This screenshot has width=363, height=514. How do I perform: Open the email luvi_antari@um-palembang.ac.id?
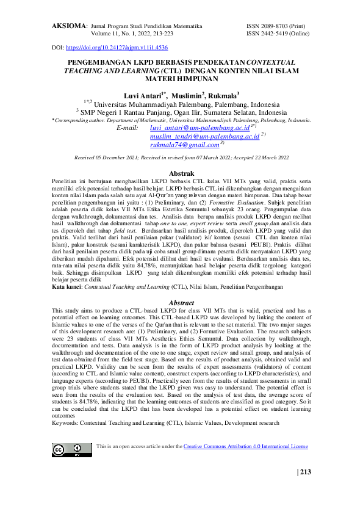coord(199,129)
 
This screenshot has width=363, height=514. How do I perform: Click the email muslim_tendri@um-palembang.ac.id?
coord(204,137)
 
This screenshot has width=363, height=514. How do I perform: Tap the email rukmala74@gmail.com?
coord(193,146)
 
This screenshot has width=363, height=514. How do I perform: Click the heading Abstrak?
coord(181,174)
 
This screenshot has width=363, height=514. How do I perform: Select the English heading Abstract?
coord(181,303)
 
